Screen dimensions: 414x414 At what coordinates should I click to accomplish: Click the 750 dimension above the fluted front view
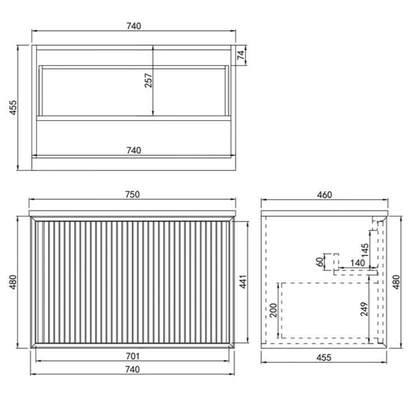click(x=132, y=194)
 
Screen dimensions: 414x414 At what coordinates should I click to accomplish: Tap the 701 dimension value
click(x=132, y=356)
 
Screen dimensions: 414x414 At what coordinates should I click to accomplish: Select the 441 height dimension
click(x=243, y=282)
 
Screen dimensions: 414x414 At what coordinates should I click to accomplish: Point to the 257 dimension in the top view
click(x=148, y=80)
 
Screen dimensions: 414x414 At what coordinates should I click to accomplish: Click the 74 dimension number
click(x=241, y=55)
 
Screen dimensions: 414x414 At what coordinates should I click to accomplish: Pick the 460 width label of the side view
click(x=324, y=195)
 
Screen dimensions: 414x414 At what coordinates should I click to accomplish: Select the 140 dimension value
click(x=358, y=263)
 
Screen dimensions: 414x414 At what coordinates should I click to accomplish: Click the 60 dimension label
click(x=320, y=262)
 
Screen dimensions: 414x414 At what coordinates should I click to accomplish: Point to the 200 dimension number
click(x=273, y=310)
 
